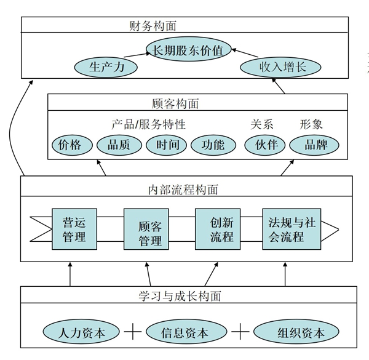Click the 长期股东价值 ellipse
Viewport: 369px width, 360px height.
[188, 47]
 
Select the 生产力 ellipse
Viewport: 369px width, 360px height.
[106, 66]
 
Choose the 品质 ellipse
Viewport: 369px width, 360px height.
[119, 145]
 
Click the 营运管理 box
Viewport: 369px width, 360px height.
[74, 228]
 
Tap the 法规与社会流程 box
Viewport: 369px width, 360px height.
[292, 228]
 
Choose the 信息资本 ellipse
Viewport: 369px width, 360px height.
[184, 334]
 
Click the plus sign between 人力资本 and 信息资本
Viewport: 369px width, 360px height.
[133, 333]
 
